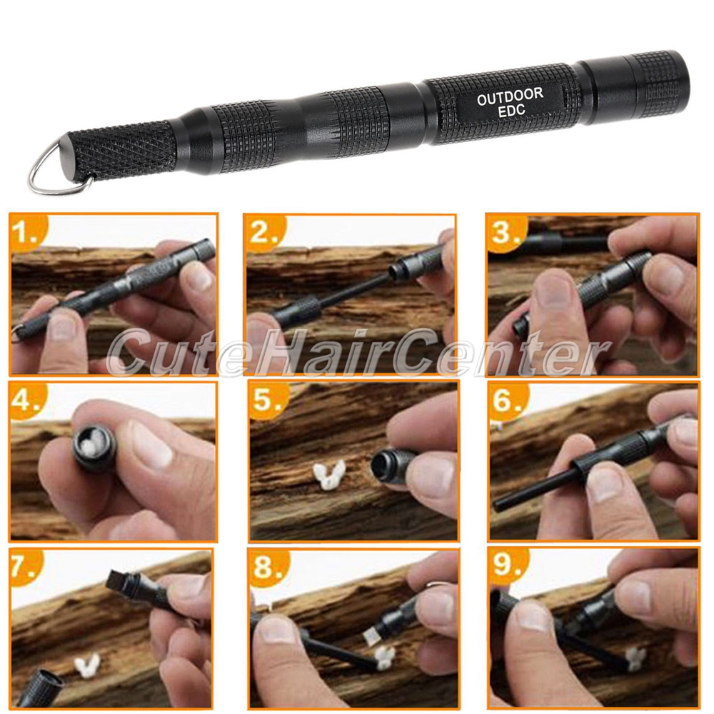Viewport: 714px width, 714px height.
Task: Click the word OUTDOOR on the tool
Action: (x=510, y=96)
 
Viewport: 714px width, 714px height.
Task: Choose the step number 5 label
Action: (x=267, y=401)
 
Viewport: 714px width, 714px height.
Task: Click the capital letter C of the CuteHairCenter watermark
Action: (x=125, y=351)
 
